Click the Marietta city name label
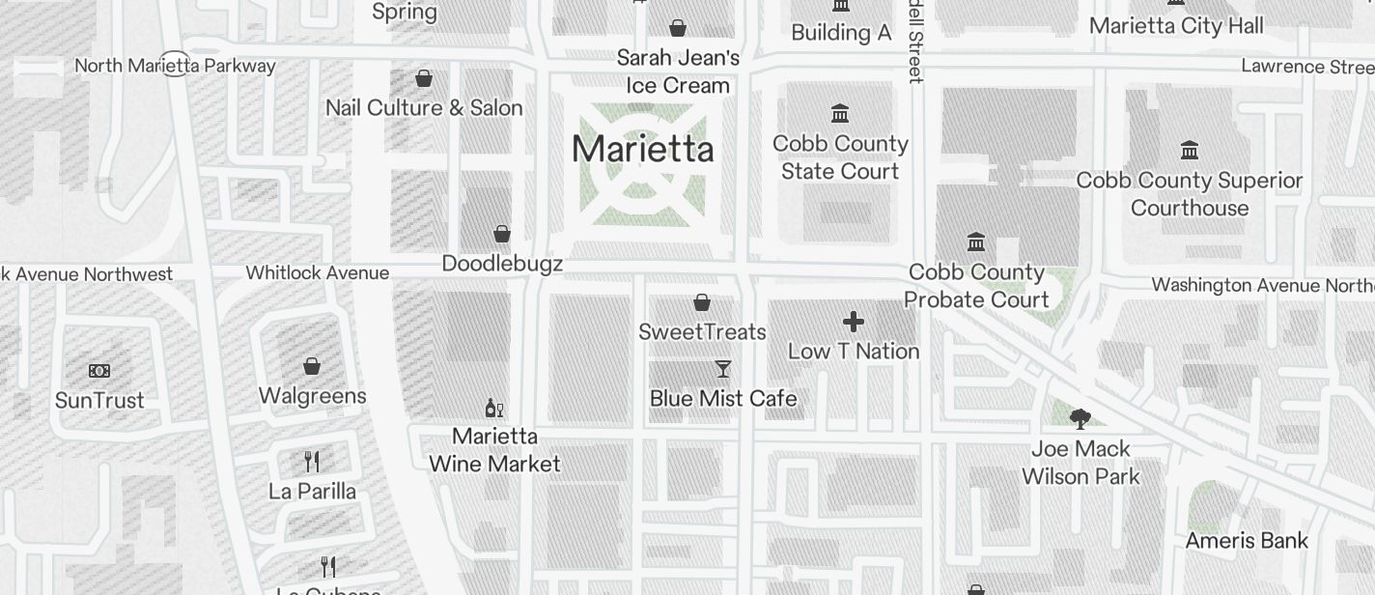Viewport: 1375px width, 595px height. pos(643,150)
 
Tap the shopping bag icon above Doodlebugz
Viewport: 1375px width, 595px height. pos(502,234)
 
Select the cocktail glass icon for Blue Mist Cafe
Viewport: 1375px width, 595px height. pos(722,369)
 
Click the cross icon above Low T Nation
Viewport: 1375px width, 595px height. pos(854,322)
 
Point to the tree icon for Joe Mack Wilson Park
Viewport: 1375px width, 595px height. pos(1080,419)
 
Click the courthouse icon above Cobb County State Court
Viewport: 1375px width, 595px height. pos(840,114)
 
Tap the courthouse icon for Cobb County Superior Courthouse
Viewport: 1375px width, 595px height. pos(1190,151)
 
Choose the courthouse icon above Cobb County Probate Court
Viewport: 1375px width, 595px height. pos(976,241)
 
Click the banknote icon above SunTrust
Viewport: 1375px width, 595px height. pos(99,371)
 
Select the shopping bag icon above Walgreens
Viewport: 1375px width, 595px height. pos(312,366)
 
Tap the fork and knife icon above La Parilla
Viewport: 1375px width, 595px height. pos(312,461)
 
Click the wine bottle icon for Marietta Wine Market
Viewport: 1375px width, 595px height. pos(494,408)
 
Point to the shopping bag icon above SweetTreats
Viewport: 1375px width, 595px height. pos(702,302)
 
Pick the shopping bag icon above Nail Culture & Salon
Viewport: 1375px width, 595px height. pos(424,78)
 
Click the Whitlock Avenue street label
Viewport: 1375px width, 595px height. pos(318,273)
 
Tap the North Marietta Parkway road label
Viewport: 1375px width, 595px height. pos(175,66)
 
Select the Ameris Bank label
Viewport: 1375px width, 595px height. pos(1247,541)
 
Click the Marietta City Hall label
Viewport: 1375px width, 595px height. pos(1176,26)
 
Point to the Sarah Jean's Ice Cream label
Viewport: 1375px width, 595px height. pos(678,71)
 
